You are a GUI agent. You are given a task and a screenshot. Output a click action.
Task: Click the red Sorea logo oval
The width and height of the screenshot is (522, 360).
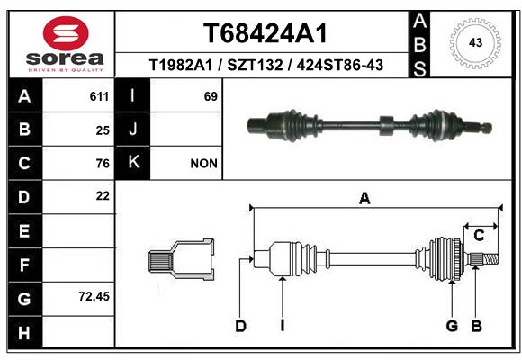click(x=66, y=33)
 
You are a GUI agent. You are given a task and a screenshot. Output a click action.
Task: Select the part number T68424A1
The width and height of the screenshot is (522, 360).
click(x=265, y=33)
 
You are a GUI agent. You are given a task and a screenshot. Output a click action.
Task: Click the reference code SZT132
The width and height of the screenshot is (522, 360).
click(x=255, y=65)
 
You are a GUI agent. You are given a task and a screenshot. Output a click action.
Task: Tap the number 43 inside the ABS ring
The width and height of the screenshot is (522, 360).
click(x=475, y=42)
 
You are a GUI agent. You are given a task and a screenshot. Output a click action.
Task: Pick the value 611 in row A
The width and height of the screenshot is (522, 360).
click(x=99, y=96)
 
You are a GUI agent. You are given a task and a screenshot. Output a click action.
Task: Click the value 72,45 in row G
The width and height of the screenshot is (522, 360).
click(x=94, y=296)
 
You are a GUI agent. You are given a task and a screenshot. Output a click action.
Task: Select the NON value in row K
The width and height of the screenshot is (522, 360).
click(x=203, y=164)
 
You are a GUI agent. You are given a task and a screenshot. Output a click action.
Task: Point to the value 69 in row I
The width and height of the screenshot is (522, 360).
click(x=211, y=96)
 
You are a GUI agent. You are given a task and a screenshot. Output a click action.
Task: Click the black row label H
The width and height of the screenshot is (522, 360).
click(x=25, y=332)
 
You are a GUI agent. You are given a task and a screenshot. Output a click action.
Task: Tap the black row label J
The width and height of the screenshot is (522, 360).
click(x=132, y=129)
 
